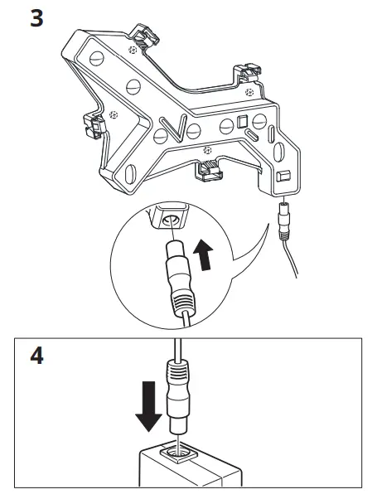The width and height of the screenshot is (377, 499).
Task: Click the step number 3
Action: (x=37, y=17)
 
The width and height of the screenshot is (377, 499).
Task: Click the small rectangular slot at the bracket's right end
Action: (x=281, y=176)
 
